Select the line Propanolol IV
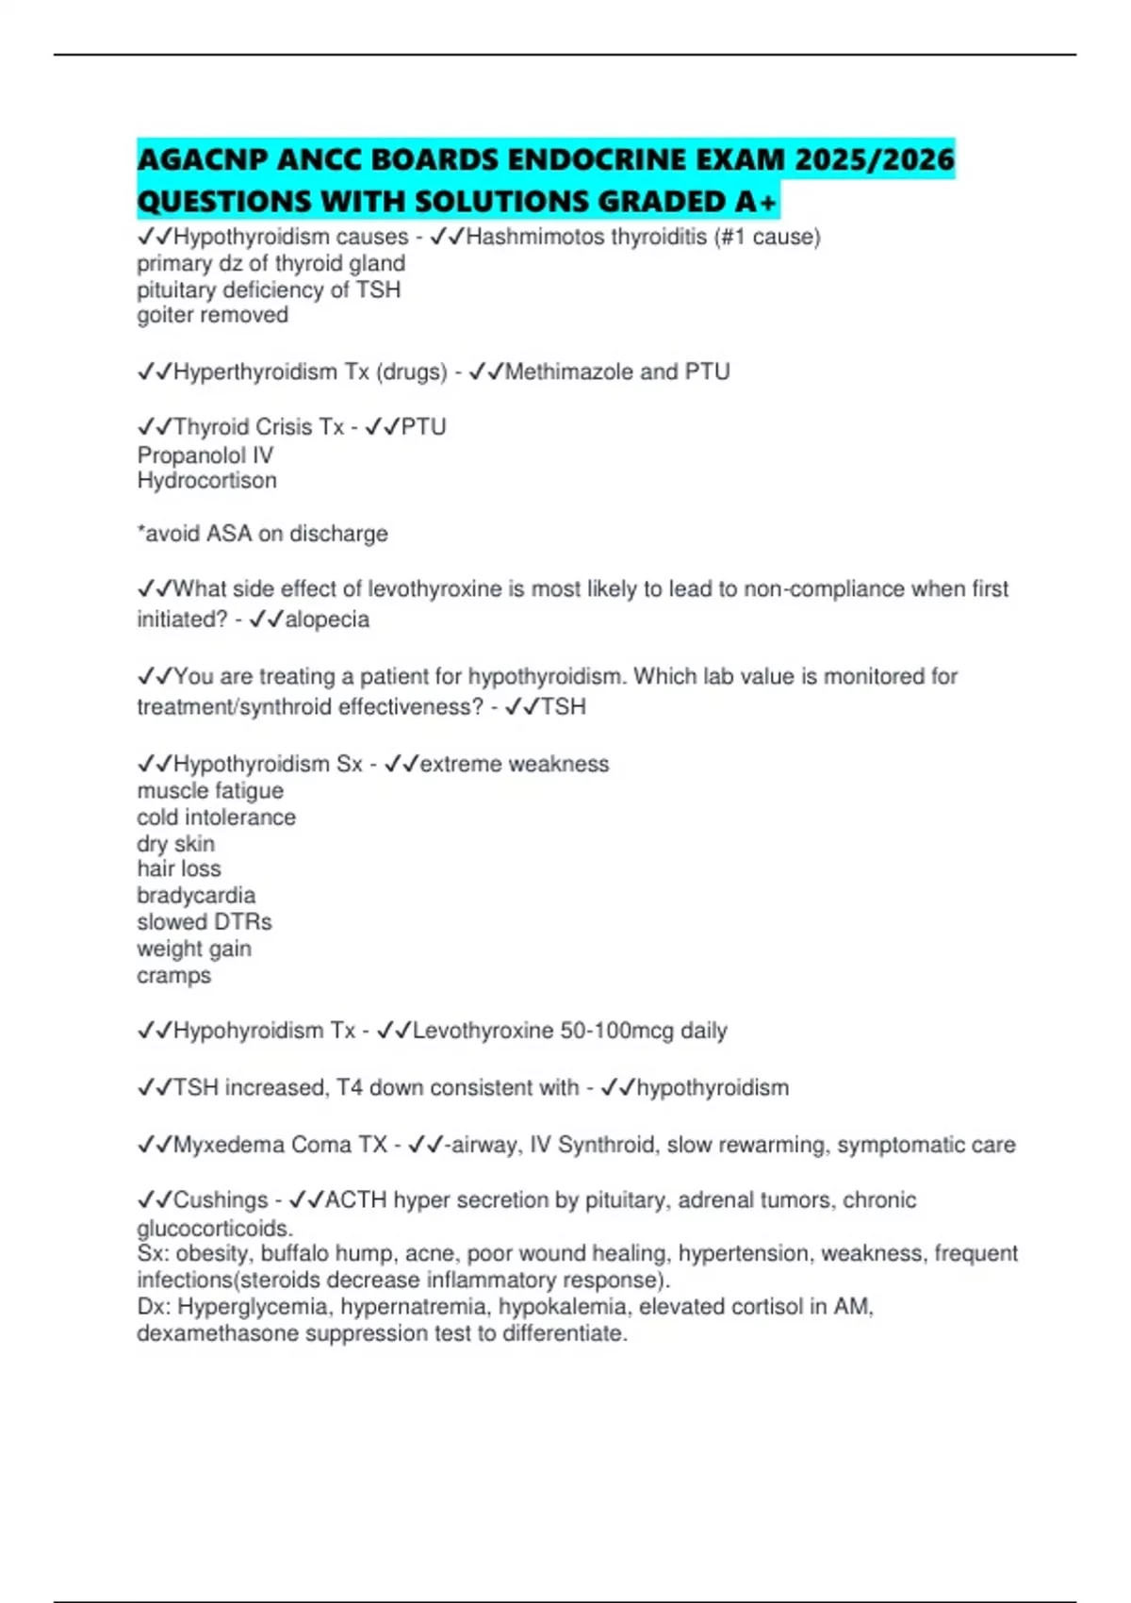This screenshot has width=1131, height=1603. pos(205,455)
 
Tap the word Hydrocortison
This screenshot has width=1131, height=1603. pos(206,481)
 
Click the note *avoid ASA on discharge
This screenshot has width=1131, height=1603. pos(262,534)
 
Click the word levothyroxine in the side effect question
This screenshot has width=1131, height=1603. pos(434,589)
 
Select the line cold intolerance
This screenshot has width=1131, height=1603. pos(216,818)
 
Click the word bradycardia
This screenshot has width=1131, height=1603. pos(196,895)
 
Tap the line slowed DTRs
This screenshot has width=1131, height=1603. pos(204,921)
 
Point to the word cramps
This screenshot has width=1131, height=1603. pos(173,975)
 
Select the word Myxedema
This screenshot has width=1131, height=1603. pos(227,1145)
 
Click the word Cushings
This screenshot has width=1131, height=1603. pos(221,1200)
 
